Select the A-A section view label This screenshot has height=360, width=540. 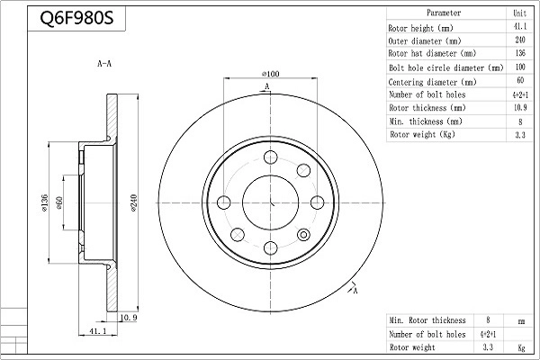pyautogui.click(x=104, y=65)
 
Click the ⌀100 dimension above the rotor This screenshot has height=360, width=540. pyautogui.click(x=269, y=73)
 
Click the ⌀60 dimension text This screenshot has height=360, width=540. pyautogui.click(x=61, y=205)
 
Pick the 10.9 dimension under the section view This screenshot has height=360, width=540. pyautogui.click(x=128, y=318)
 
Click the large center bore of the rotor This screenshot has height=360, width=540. pyautogui.click(x=270, y=201)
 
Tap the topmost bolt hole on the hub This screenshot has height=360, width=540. pyautogui.click(x=270, y=157)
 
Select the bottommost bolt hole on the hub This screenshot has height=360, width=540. pyautogui.click(x=270, y=246)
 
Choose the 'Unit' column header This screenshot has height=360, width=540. pyautogui.click(x=519, y=13)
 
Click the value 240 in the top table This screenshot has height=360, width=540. pyautogui.click(x=519, y=40)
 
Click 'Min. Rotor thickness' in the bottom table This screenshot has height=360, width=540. pyautogui.click(x=427, y=320)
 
